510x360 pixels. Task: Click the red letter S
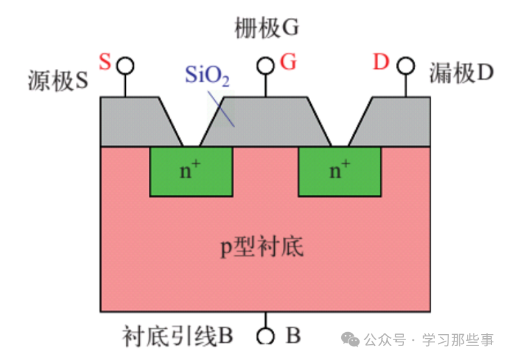(105, 62)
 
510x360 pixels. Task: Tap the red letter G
(288, 62)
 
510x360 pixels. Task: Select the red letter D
(380, 62)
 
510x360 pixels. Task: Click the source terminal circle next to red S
(125, 66)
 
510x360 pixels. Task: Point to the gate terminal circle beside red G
(266, 66)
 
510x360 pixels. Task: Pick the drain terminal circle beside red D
(405, 66)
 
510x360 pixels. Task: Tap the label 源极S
(58, 80)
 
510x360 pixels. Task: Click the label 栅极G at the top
(267, 28)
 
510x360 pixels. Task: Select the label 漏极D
(461, 73)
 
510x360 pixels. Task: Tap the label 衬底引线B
(178, 336)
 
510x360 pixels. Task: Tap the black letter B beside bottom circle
(293, 336)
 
